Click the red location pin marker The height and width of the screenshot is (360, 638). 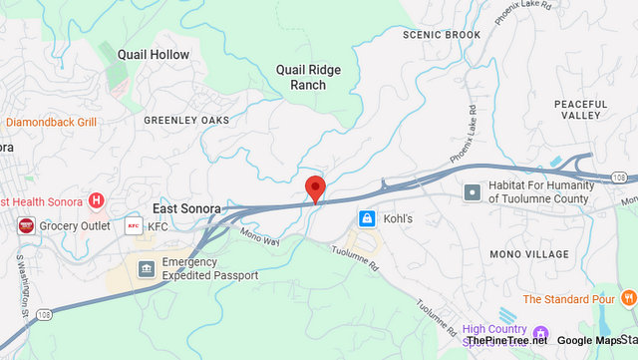coord(316,187)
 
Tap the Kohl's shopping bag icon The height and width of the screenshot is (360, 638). coord(367,217)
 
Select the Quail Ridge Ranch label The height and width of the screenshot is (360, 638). coord(308,77)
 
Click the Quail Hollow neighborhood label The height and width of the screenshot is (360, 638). coord(153,54)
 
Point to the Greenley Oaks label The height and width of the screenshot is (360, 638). coord(186,121)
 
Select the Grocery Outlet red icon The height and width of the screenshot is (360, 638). coord(26,226)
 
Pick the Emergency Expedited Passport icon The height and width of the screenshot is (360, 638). coord(147,269)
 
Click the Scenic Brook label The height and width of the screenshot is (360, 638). coord(442,35)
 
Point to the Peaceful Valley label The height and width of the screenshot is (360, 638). coord(581,110)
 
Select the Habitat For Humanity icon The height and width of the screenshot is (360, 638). coord(473,190)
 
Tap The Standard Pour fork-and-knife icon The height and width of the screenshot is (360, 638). coord(627,298)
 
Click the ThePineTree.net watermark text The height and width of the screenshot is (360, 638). coord(506,340)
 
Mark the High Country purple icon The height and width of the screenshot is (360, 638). coord(541,333)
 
